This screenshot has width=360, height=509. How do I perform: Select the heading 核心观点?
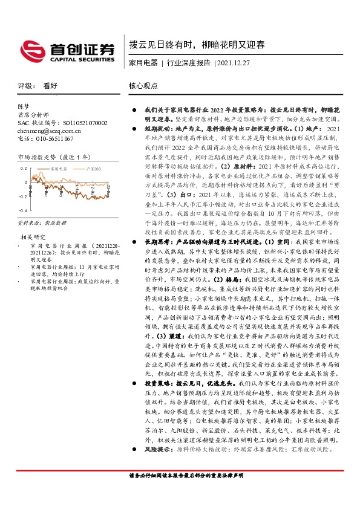tap(144, 86)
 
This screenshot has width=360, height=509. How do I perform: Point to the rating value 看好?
tap(50, 86)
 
